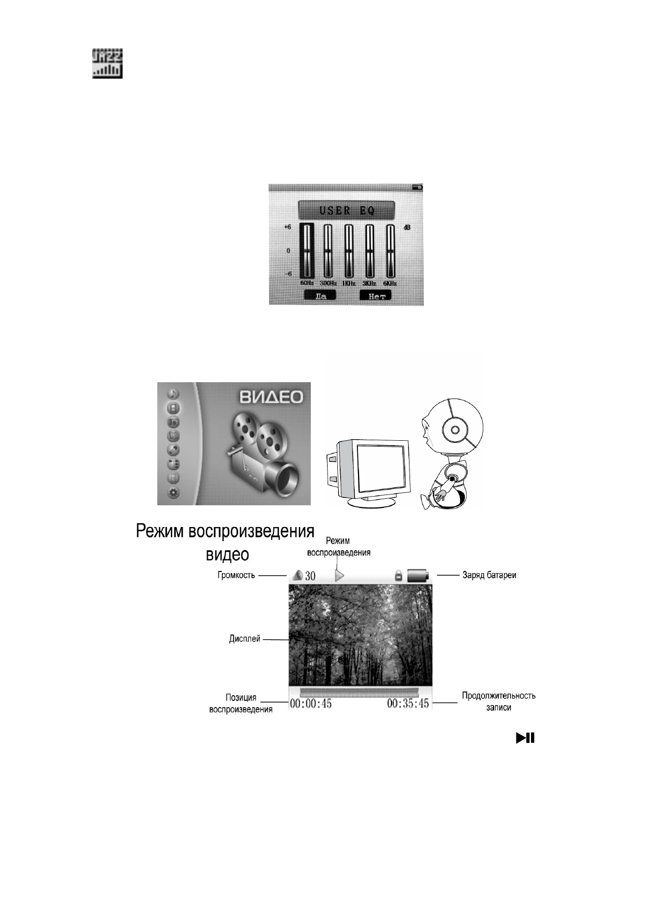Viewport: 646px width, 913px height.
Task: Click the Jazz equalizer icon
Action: coord(107,63)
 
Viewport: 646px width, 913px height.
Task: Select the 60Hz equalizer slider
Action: coord(307,251)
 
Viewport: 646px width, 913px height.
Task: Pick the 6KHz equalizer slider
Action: coord(390,251)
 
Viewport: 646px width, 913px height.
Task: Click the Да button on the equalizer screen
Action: coord(320,296)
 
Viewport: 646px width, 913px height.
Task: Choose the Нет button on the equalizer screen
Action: coord(376,296)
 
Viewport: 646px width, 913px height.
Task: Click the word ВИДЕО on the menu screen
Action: coord(271,397)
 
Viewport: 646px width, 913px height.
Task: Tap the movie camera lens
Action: coord(286,477)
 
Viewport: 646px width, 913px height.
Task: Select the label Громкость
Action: coord(236,575)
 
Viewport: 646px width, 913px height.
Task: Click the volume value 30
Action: coord(310,576)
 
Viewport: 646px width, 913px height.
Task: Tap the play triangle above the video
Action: coord(340,575)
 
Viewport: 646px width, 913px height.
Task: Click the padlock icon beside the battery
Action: coord(398,576)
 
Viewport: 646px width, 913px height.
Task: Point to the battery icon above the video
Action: coord(418,575)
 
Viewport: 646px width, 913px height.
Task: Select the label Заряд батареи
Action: coord(489,575)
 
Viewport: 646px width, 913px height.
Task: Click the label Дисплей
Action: coord(245,639)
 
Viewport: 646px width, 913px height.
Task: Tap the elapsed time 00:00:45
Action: coord(311,704)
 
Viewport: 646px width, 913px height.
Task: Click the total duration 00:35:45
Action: coord(408,704)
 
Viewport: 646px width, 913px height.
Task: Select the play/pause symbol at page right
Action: coord(525,737)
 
